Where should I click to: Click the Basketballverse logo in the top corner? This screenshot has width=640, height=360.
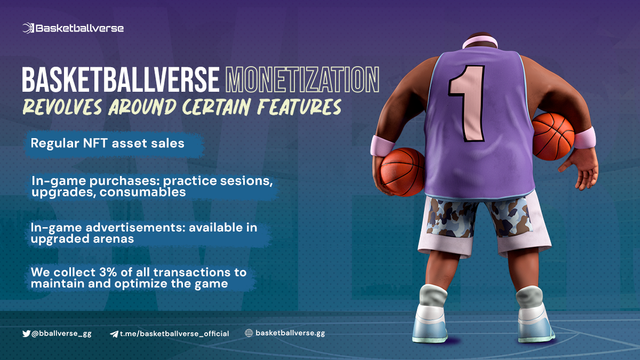[73, 28]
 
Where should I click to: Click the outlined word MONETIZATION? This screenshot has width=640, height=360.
[302, 79]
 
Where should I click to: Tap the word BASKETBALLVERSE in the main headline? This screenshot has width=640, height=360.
[121, 79]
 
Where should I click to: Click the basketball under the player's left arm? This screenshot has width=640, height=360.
[402, 172]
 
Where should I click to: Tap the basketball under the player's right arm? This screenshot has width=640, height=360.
[553, 137]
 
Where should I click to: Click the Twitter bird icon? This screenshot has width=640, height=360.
[26, 333]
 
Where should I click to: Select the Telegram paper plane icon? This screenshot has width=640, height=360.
[114, 334]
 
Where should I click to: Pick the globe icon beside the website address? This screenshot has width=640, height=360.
[249, 333]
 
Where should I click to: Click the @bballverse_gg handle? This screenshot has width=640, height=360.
[61, 333]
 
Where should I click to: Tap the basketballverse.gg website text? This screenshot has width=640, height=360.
[290, 333]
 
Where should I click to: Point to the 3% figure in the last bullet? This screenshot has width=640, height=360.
[108, 272]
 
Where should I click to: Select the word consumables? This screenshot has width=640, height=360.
[142, 192]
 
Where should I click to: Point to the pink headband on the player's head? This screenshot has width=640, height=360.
[480, 42]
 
